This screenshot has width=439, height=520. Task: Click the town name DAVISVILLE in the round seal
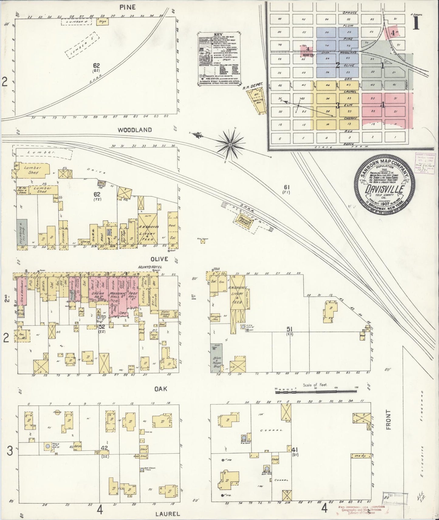pos(384,190)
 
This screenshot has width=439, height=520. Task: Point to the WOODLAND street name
pos(135,130)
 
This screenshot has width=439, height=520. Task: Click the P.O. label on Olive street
pos(30,285)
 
